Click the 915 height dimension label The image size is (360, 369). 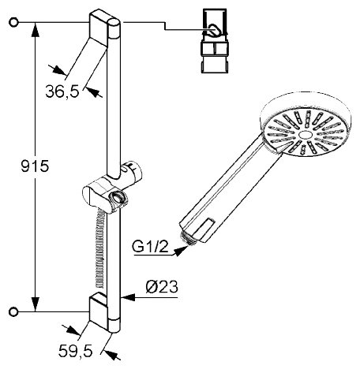[35, 166]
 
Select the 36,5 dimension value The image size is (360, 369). [62, 91]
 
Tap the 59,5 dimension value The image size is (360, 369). [76, 351]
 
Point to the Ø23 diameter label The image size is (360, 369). [162, 287]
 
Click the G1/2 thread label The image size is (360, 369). [150, 247]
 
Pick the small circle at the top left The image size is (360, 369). [13, 23]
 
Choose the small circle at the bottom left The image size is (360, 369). [13, 312]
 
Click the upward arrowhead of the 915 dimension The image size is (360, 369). [36, 30]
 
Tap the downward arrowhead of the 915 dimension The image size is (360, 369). [36, 304]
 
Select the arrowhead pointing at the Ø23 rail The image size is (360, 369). [128, 297]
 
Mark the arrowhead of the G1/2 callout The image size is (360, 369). [181, 251]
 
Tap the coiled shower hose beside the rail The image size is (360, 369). [100, 248]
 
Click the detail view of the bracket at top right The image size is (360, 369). [215, 41]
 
